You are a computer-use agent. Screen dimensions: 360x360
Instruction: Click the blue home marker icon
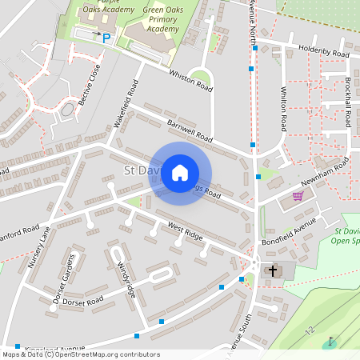pos(180,173)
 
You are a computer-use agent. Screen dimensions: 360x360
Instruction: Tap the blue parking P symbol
pos(106,36)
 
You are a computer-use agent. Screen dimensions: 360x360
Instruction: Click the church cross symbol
pos(272,271)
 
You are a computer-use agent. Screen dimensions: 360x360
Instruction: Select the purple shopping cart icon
pos(298,195)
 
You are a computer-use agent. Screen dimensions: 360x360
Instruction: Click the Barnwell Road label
pos(190,130)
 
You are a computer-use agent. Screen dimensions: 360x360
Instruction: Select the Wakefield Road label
pos(129,103)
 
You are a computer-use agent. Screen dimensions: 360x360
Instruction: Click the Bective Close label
pos(94,82)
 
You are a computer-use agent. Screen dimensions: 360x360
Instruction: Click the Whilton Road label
pos(282,110)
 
